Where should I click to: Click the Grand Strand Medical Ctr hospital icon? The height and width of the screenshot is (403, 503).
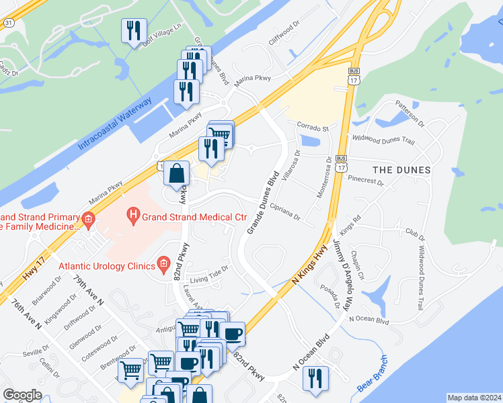click(134, 216)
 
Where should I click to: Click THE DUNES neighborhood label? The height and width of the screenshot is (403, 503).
click(392, 170)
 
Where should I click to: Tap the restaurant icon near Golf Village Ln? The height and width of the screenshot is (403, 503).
click(133, 31)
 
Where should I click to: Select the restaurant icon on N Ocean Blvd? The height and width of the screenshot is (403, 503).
click(314, 379)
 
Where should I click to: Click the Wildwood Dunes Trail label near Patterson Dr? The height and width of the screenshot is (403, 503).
click(384, 140)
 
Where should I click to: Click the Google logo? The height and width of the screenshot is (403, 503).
click(22, 395)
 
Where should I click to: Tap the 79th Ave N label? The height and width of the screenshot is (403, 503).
click(89, 291)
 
